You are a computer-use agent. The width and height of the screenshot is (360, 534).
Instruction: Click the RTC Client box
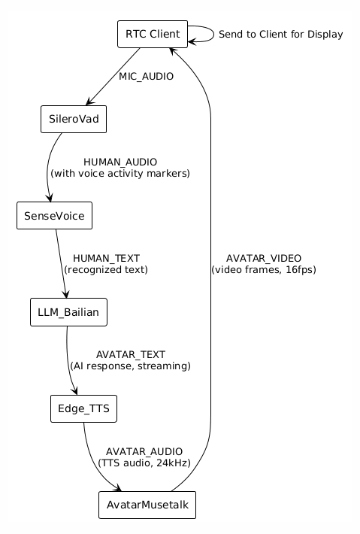click(x=153, y=34)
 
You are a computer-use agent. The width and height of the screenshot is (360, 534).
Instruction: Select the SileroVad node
click(x=74, y=119)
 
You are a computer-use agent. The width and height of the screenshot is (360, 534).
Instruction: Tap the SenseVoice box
click(x=54, y=216)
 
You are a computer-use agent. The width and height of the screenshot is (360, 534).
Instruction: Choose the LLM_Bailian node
click(x=68, y=312)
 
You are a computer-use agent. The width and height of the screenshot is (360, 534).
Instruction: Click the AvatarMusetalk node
click(x=147, y=505)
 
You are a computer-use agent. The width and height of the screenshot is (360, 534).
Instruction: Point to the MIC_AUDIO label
click(x=146, y=77)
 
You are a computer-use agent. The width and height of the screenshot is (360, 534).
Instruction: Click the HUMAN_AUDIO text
click(x=120, y=162)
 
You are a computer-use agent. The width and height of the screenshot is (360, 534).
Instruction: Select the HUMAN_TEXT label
click(x=106, y=258)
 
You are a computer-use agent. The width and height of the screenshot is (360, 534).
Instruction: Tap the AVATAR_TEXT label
click(x=130, y=354)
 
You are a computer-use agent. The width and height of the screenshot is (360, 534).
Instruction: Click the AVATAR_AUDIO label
click(x=144, y=451)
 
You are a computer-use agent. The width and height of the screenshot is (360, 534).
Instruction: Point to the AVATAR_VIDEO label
click(x=263, y=258)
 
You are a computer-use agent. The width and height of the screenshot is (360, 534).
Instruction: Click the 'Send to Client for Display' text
click(x=280, y=35)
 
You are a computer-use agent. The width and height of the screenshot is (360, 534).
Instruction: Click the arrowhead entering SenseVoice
click(x=50, y=199)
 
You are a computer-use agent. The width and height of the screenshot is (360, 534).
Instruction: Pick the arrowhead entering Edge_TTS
click(x=75, y=391)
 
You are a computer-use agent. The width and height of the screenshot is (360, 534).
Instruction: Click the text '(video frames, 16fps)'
click(x=263, y=270)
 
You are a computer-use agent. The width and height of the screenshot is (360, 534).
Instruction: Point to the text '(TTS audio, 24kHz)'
click(x=144, y=463)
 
